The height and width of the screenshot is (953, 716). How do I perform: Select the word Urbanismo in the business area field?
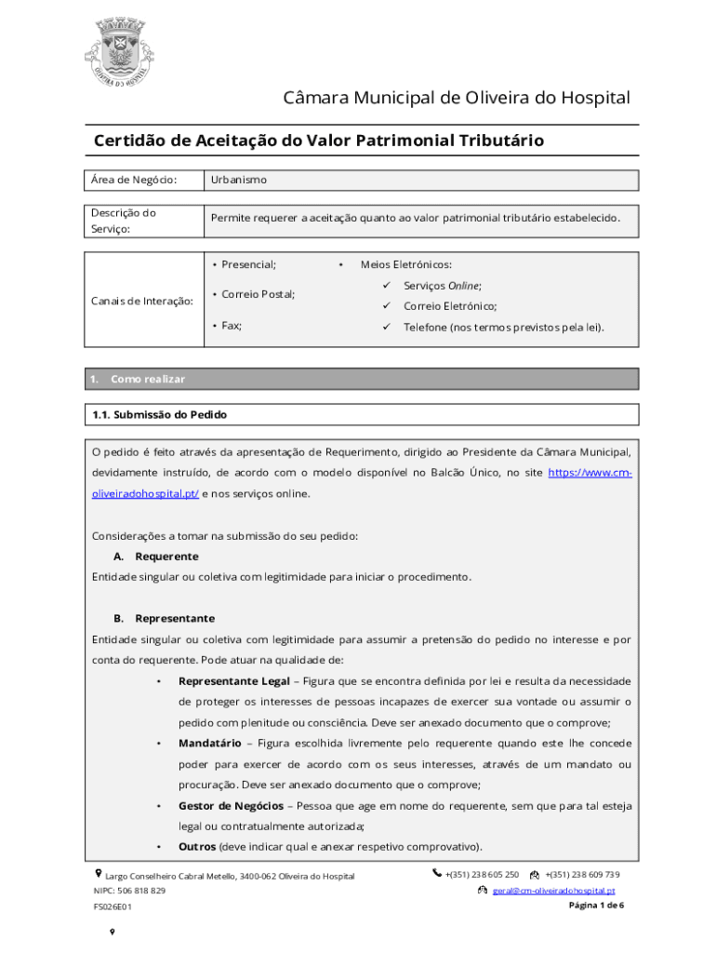[238, 180]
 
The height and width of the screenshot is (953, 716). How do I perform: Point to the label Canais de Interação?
[141, 301]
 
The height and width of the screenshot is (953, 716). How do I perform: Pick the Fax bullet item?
[232, 326]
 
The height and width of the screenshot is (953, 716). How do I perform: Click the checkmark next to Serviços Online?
[384, 286]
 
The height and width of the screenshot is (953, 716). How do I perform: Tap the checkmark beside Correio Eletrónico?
[384, 306]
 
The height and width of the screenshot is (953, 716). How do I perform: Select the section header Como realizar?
[148, 379]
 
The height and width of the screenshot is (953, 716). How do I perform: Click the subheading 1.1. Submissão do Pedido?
[159, 414]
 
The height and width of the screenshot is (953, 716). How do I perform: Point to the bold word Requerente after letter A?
[166, 556]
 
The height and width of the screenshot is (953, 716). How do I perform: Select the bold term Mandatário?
[211, 743]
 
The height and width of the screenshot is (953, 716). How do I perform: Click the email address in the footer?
[553, 891]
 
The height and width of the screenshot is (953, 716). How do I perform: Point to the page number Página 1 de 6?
[595, 906]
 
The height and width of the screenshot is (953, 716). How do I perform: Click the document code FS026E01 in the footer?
[112, 906]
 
